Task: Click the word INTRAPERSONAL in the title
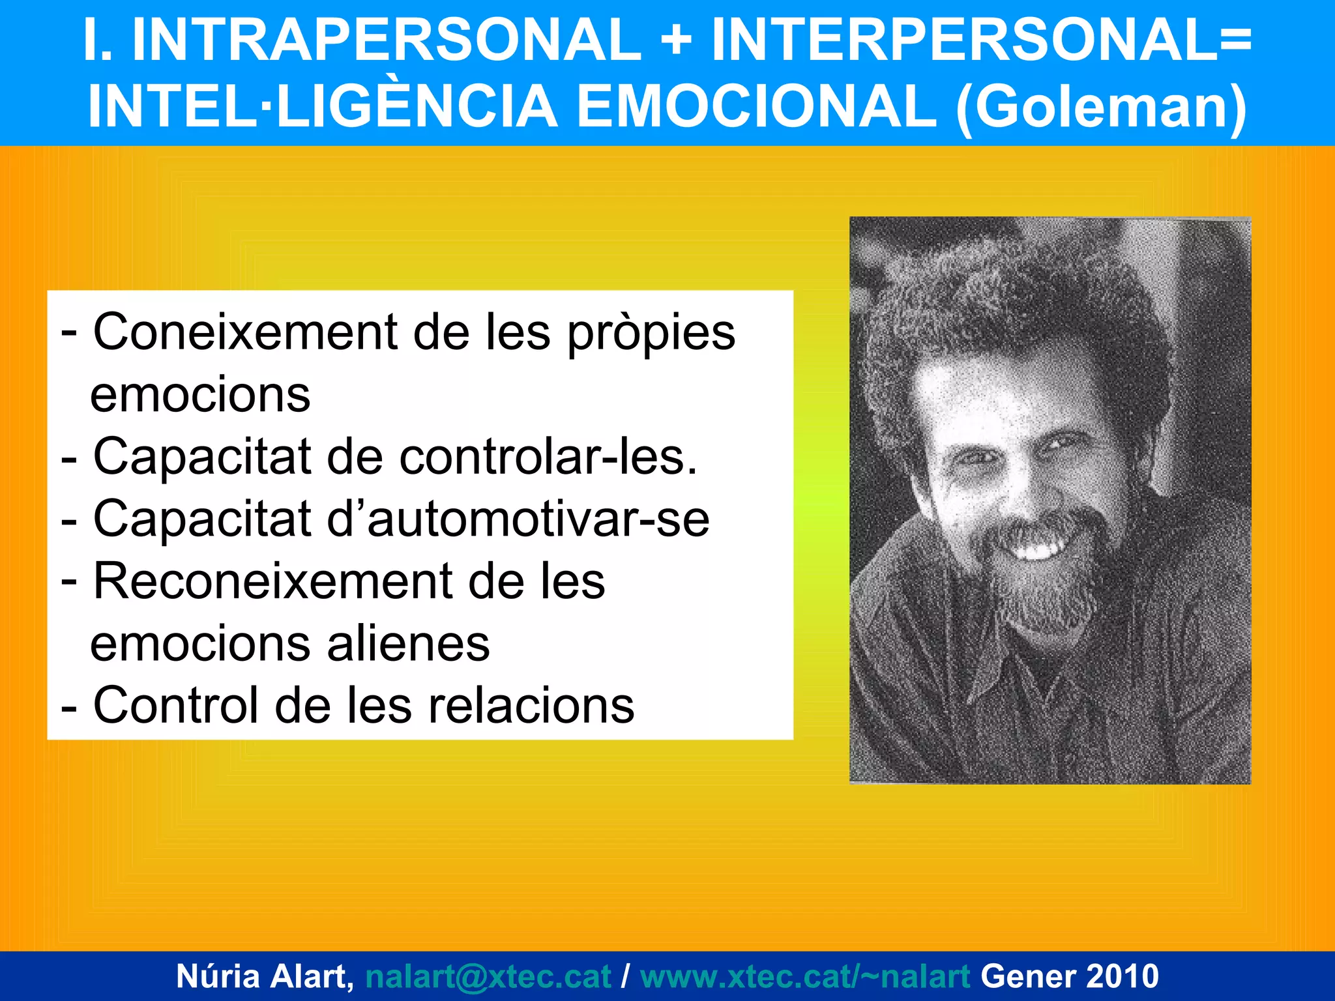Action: [386, 40]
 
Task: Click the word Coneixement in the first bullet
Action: [246, 332]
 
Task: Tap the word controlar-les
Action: [548, 457]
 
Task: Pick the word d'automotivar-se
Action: [518, 519]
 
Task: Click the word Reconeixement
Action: [273, 581]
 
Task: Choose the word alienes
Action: [408, 644]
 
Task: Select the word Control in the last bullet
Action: [176, 706]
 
